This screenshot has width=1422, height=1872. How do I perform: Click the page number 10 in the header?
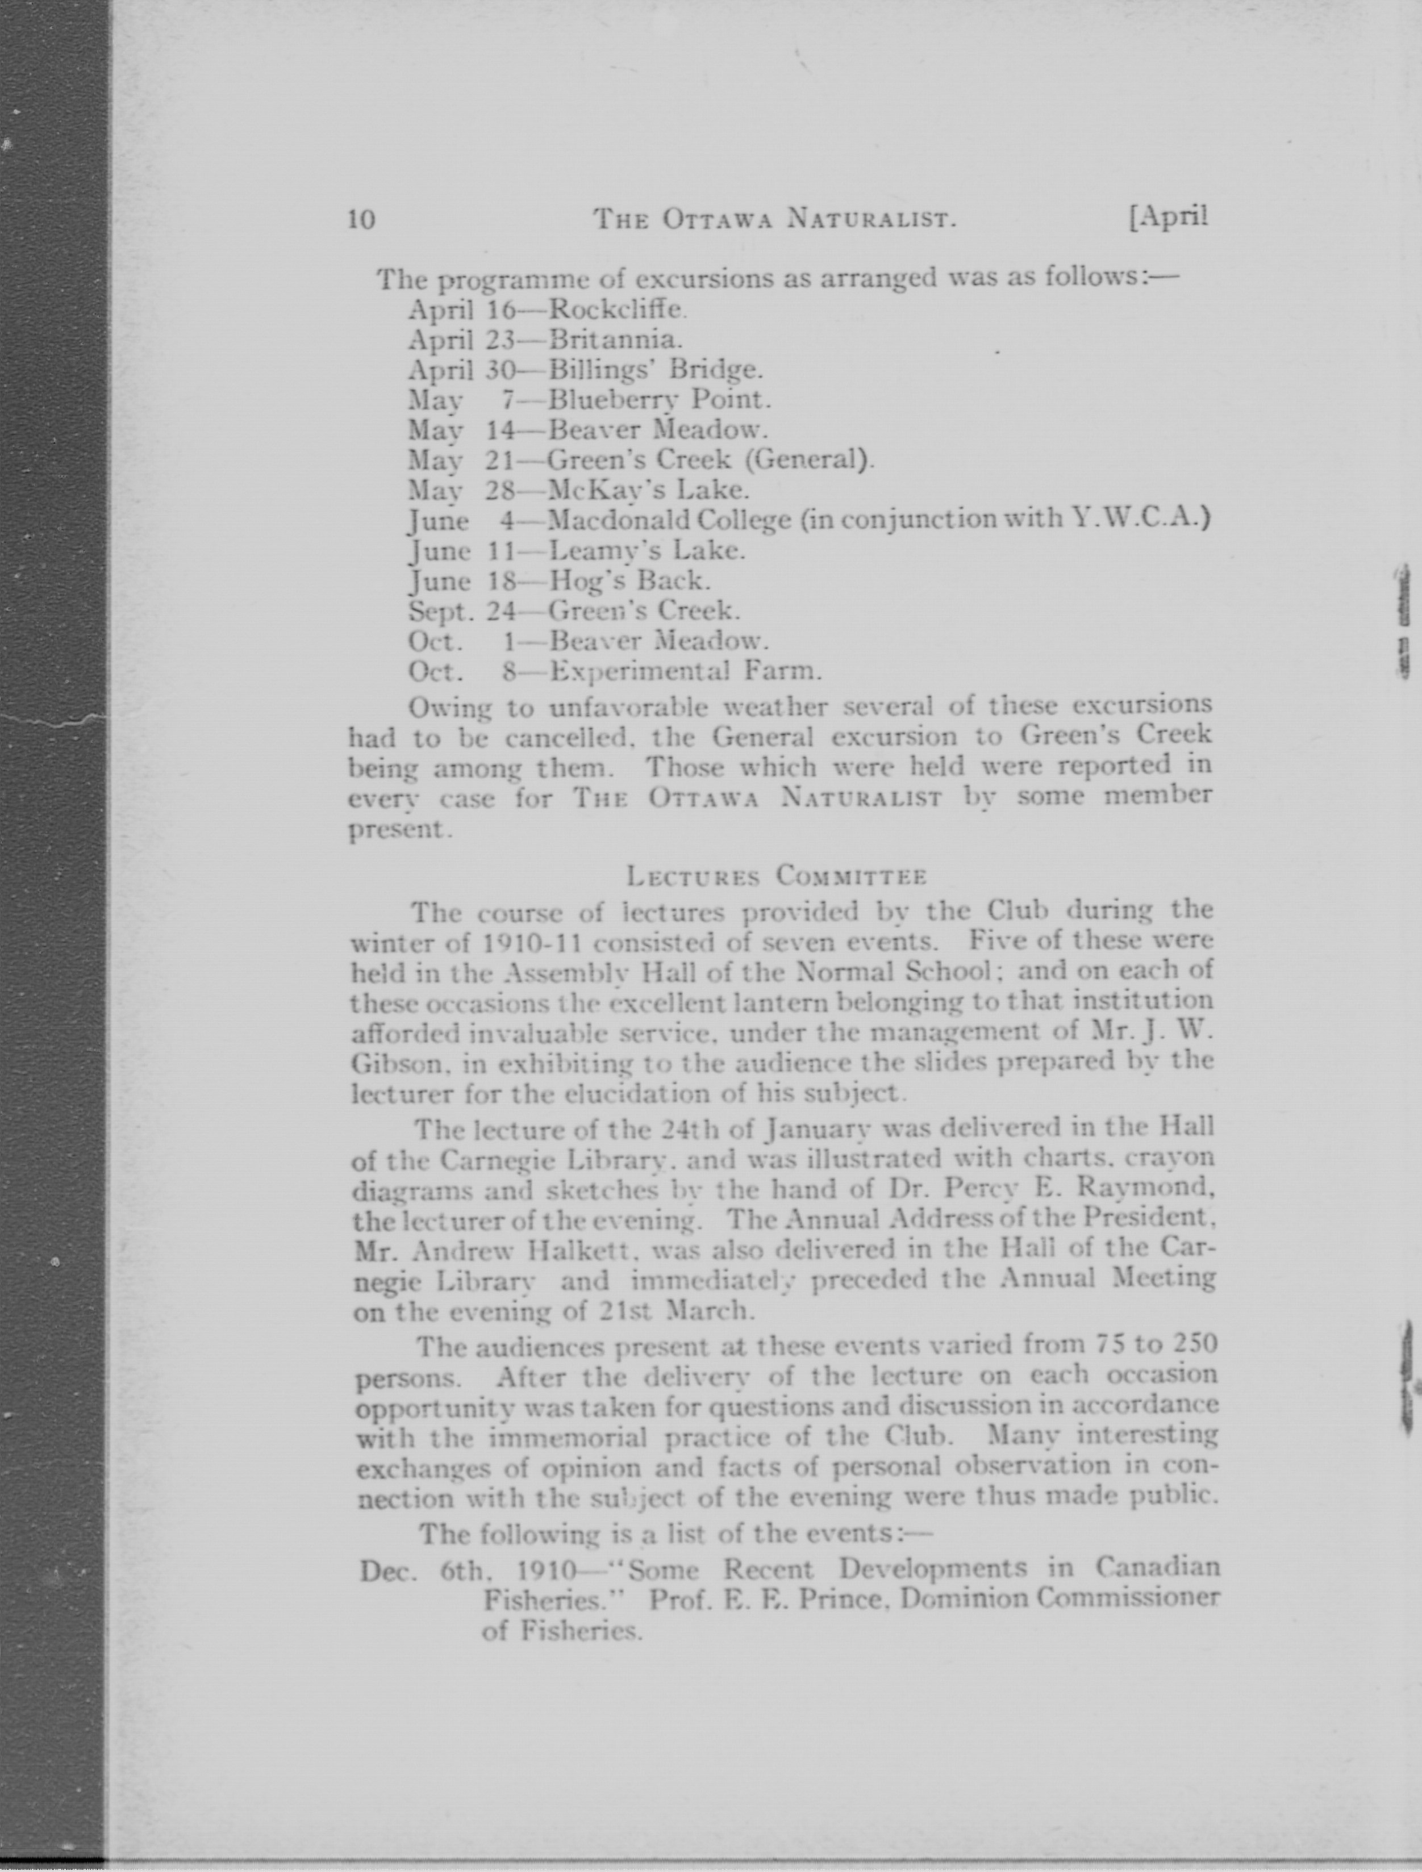pos(361,219)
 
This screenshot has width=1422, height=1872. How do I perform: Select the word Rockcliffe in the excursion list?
pos(615,310)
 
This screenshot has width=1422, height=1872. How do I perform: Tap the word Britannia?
pos(615,340)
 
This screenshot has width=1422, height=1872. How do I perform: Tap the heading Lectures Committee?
pos(776,876)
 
